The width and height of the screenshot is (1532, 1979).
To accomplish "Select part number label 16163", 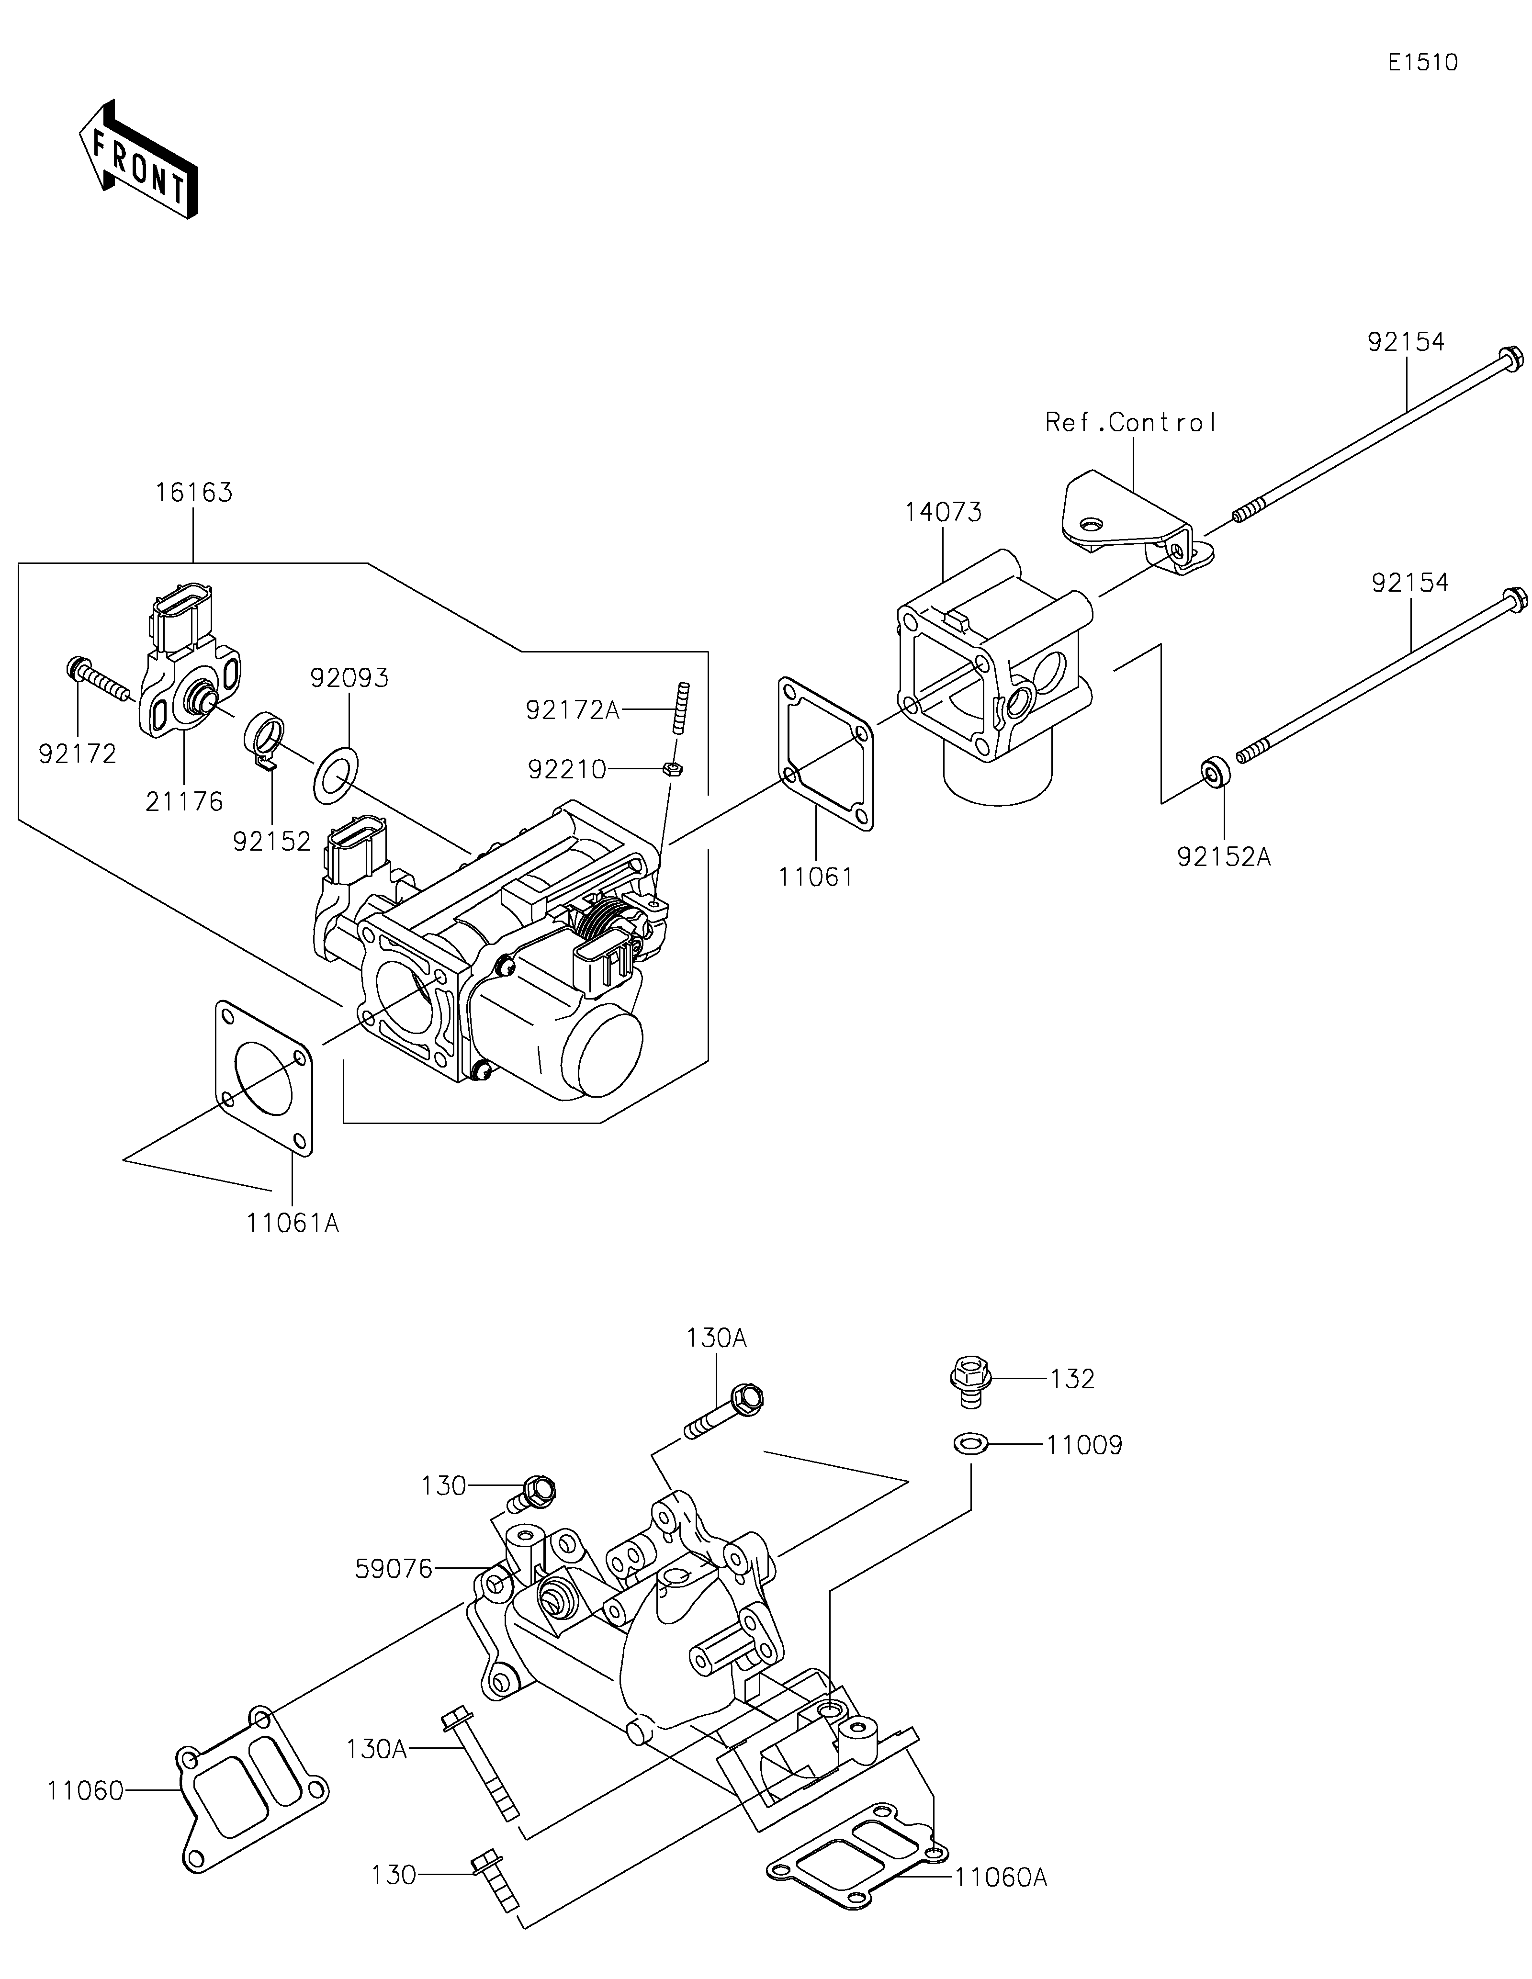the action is tap(194, 493).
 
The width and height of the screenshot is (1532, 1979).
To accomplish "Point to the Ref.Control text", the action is tap(1131, 422).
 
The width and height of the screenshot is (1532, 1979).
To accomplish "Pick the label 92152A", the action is tap(1224, 856).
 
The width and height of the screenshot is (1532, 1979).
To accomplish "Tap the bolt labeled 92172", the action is tap(100, 680).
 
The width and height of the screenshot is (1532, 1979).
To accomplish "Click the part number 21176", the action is tap(184, 802).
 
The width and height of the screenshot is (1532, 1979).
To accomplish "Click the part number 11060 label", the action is tap(85, 1790).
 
